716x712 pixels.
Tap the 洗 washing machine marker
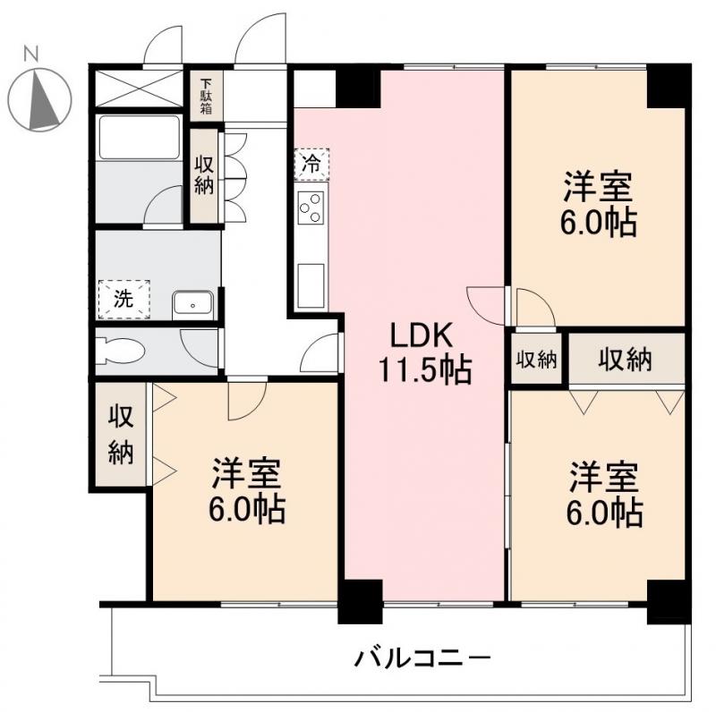(x=124, y=299)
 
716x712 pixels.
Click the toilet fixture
(x=120, y=349)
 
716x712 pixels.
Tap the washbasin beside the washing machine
(x=192, y=304)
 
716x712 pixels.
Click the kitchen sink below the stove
(x=311, y=284)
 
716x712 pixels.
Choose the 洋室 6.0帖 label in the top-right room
(x=598, y=205)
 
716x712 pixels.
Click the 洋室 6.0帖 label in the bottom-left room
(x=247, y=491)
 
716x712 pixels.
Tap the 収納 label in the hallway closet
(x=205, y=175)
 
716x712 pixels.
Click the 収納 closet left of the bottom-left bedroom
(x=121, y=435)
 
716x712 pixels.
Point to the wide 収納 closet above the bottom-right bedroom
(x=626, y=360)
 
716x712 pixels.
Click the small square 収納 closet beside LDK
(x=536, y=360)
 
